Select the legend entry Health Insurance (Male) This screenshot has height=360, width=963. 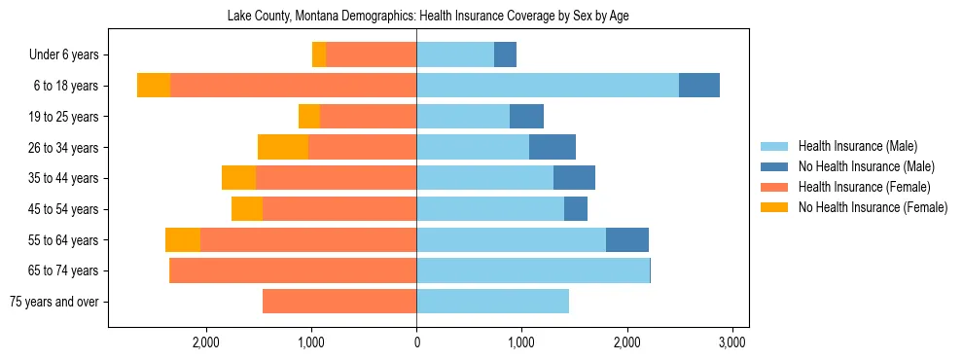pyautogui.click(x=857, y=146)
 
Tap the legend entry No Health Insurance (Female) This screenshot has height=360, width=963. pyautogui.click(x=873, y=207)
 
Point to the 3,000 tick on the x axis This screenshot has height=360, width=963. pyautogui.click(x=731, y=342)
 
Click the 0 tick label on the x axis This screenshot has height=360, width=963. pyautogui.click(x=416, y=342)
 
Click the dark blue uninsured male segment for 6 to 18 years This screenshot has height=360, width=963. pyautogui.click(x=698, y=86)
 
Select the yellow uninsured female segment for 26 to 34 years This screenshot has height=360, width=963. pyautogui.click(x=283, y=147)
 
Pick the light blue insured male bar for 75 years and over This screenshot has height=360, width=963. pyautogui.click(x=492, y=302)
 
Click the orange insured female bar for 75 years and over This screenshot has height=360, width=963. pyautogui.click(x=339, y=302)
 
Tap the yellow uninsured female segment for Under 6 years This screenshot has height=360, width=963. pyautogui.click(x=319, y=54)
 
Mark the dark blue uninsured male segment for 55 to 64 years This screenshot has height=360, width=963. pyautogui.click(x=627, y=239)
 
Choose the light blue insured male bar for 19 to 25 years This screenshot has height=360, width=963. pyautogui.click(x=463, y=117)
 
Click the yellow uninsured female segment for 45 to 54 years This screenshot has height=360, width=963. pyautogui.click(x=247, y=209)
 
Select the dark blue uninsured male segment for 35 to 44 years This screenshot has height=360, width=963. pyautogui.click(x=574, y=178)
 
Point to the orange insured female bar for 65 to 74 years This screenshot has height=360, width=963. pyautogui.click(x=293, y=270)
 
